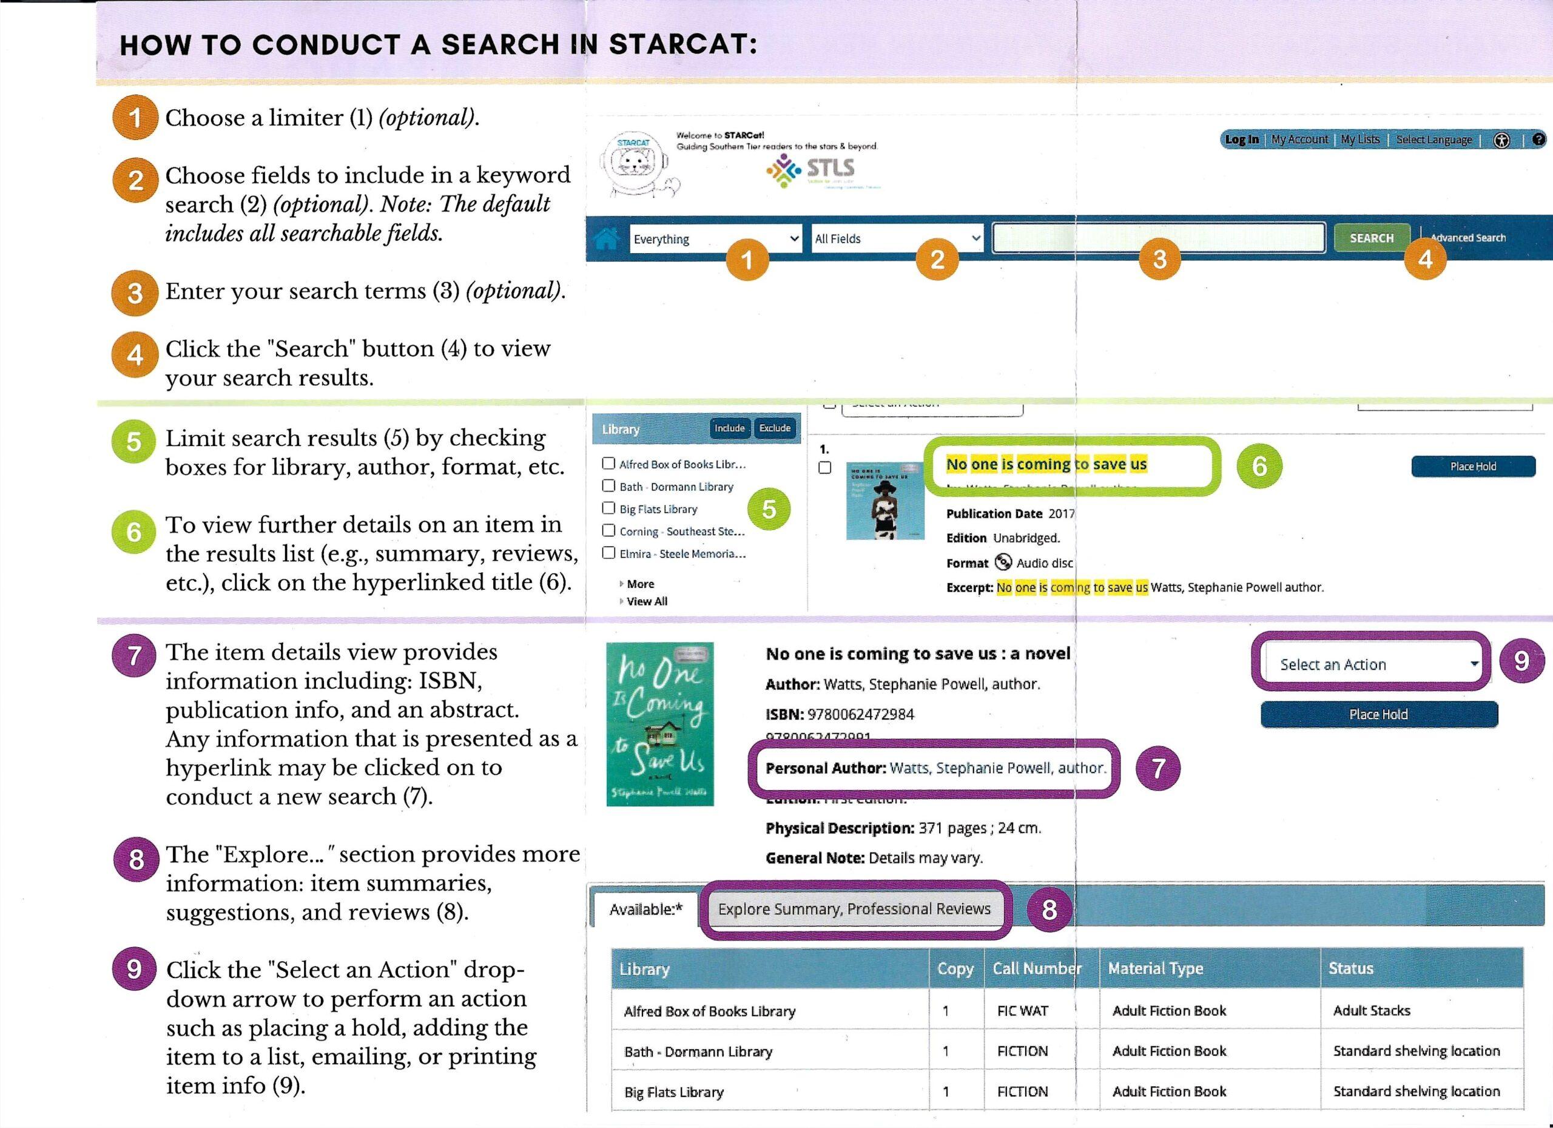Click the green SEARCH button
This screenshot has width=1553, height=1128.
coord(1371,238)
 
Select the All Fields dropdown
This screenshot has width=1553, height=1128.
coord(897,238)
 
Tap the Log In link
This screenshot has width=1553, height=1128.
coord(1241,140)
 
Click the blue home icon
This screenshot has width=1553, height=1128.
coord(607,239)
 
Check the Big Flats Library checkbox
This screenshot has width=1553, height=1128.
coord(608,508)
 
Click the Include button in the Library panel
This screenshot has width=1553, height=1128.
coord(729,428)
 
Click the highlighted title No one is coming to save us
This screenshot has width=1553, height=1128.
coord(1046,464)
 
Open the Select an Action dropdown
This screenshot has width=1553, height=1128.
coord(1378,664)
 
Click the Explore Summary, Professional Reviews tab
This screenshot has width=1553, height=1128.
coord(854,909)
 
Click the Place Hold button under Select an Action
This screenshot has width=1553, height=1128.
coord(1378,714)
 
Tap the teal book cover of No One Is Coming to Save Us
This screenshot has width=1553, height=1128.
coord(659,723)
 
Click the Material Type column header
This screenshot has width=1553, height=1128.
coord(1155,968)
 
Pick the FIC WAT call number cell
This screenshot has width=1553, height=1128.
coord(1022,1011)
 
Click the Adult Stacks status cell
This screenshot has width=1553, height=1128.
coord(1372,1011)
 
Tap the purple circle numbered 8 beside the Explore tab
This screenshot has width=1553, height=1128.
coord(1049,910)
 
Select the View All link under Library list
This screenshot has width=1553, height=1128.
coord(647,601)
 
